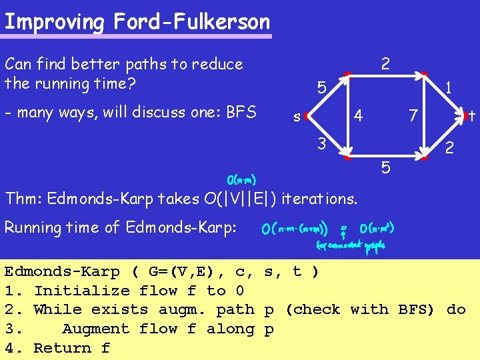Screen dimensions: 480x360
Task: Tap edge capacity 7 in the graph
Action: pos(413,117)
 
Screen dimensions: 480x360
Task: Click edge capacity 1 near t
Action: pos(450,87)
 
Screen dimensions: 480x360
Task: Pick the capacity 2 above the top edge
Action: pos(385,64)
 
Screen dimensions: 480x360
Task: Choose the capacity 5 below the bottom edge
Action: pos(386,167)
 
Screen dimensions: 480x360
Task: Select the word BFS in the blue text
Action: pos(242,112)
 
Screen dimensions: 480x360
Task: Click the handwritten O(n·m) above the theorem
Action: pos(241,179)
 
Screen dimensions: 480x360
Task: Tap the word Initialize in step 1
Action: pos(81,291)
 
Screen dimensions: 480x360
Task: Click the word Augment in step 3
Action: pos(91,329)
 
